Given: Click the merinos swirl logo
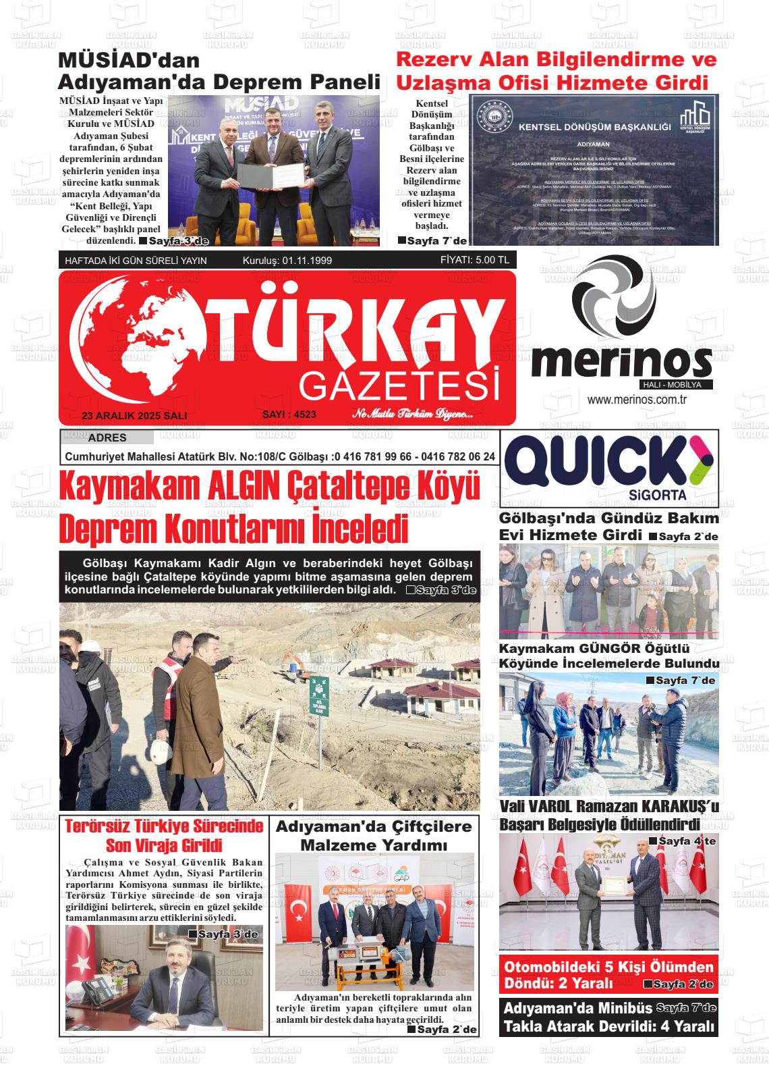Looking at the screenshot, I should (613, 298).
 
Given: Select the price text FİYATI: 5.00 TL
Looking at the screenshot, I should (474, 260).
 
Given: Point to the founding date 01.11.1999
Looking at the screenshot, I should (308, 261).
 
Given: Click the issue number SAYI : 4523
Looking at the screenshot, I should (289, 414).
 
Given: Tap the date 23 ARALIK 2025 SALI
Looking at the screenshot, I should (134, 416).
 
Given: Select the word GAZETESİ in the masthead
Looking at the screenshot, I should (401, 386).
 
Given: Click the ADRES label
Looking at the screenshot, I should (107, 438).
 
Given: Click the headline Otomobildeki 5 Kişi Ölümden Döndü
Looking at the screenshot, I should (608, 974).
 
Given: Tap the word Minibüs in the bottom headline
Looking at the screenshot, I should (615, 1009).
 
